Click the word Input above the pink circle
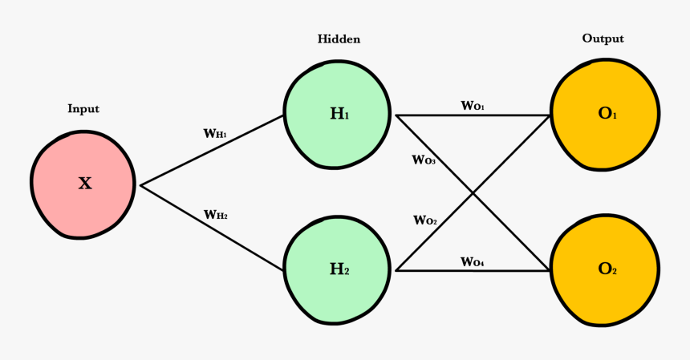[83, 109]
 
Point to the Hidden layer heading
[339, 38]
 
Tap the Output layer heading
[603, 38]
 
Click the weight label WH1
[216, 133]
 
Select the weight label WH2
[216, 214]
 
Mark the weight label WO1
[472, 105]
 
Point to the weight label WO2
[425, 220]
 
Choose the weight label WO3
[424, 160]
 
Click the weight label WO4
[472, 261]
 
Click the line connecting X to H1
[213, 150]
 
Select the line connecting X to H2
[213, 228]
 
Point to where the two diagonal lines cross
[473, 193]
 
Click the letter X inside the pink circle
[84, 183]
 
